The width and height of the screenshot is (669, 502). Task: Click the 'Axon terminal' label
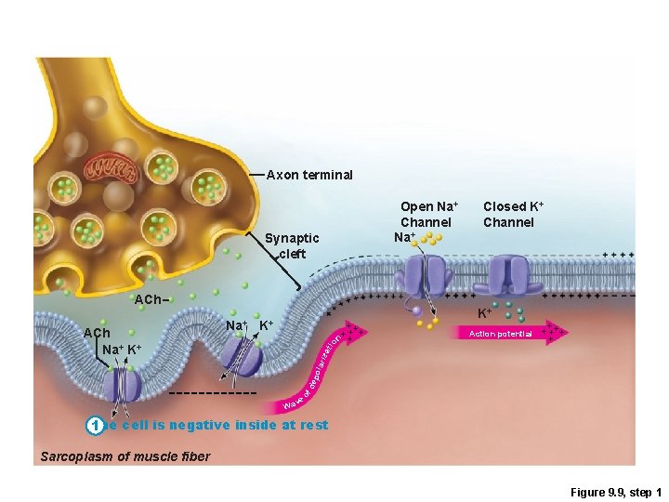[309, 175]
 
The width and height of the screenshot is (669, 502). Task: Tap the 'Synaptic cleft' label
[292, 245]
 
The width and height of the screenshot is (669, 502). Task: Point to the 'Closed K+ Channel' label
[508, 215]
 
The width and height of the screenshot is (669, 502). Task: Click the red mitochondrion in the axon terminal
[110, 170]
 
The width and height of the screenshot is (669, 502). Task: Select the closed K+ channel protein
[509, 275]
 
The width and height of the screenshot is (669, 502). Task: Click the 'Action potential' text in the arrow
[500, 333]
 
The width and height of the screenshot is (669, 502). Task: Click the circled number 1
[93, 426]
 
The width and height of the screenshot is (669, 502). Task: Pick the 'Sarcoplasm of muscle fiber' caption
[125, 456]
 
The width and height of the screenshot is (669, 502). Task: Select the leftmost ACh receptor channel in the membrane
[122, 385]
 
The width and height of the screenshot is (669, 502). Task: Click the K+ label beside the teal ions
[485, 313]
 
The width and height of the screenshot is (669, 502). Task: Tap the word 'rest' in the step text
[314, 425]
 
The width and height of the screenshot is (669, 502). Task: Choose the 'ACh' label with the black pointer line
[97, 333]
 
